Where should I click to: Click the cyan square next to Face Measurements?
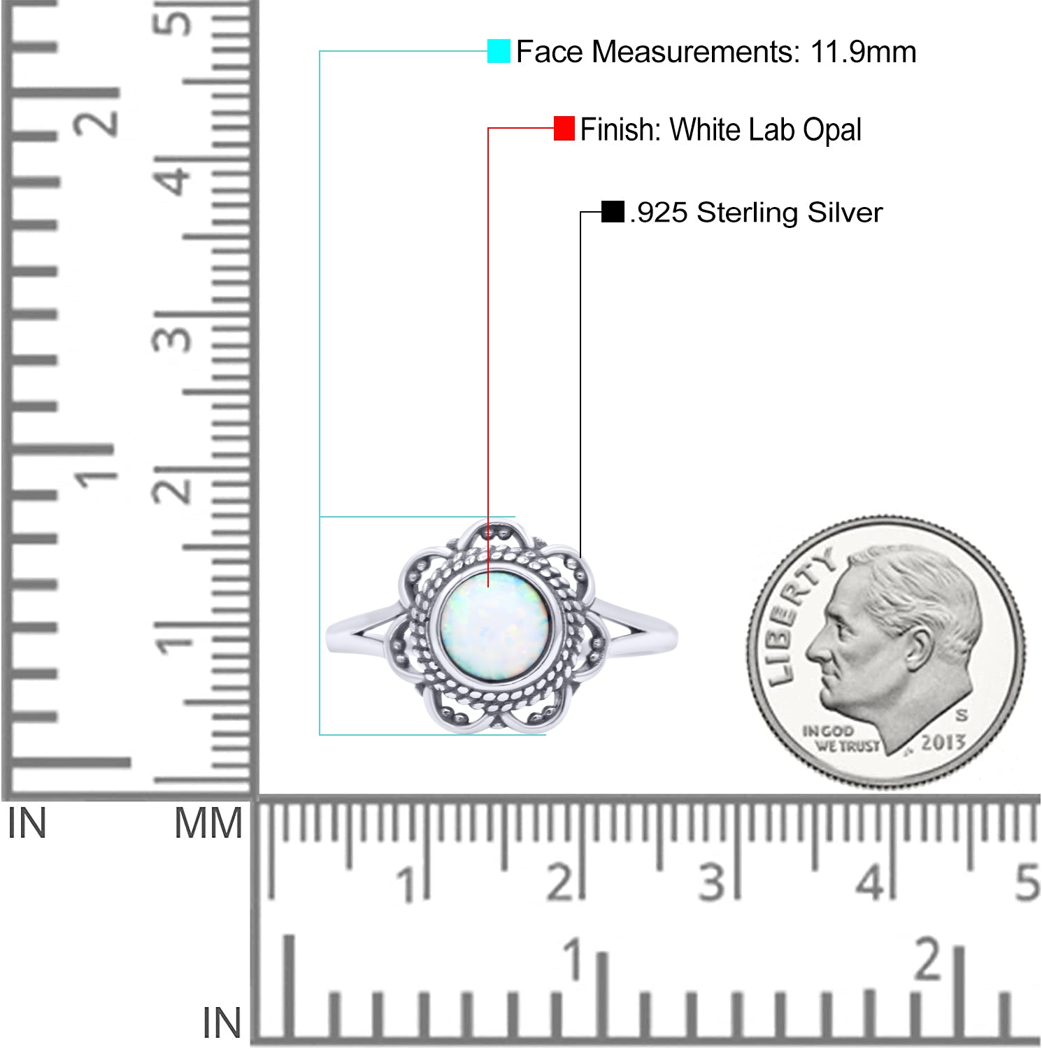coord(499,52)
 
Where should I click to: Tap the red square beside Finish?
coord(564,129)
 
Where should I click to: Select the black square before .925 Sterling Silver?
coord(613,212)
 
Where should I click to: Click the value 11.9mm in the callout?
coord(863,52)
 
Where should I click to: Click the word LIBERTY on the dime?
coord(798,615)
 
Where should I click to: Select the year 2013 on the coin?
coord(943,742)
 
